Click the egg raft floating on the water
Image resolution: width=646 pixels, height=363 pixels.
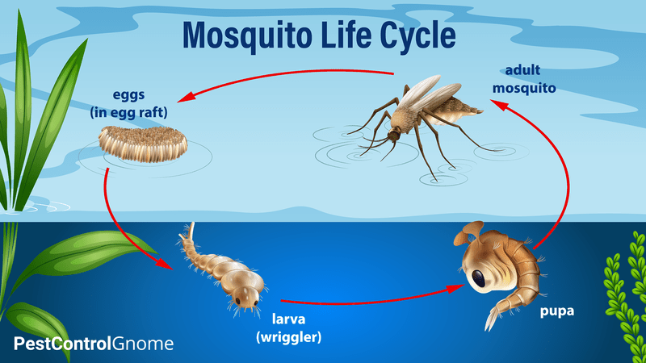pyautogui.click(x=143, y=144)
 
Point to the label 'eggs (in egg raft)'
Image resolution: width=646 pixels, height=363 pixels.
pyautogui.click(x=129, y=103)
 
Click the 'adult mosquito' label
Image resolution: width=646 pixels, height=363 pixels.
pyautogui.click(x=523, y=79)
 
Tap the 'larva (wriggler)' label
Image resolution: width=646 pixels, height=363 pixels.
pyautogui.click(x=289, y=328)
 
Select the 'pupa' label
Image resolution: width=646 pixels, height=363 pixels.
pyautogui.click(x=557, y=311)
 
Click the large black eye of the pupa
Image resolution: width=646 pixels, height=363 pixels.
pyautogui.click(x=479, y=278)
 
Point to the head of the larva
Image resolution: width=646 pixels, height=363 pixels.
pyautogui.click(x=247, y=297)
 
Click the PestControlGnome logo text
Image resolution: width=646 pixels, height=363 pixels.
pyautogui.click(x=94, y=344)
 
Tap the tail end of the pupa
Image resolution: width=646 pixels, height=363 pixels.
pyautogui.click(x=490, y=323)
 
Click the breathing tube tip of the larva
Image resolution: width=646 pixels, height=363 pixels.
pyautogui.click(x=191, y=226)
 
